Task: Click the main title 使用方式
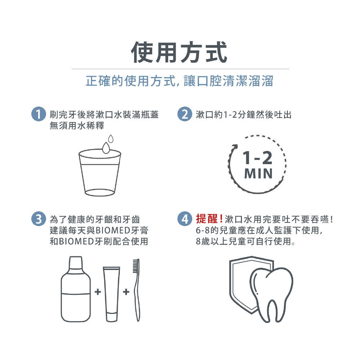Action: tap(179, 52)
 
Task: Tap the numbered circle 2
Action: tap(185, 115)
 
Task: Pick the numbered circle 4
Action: tap(185, 219)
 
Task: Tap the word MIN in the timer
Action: tap(258, 174)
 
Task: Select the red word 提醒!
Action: tap(209, 219)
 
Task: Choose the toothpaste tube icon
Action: tap(112, 293)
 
